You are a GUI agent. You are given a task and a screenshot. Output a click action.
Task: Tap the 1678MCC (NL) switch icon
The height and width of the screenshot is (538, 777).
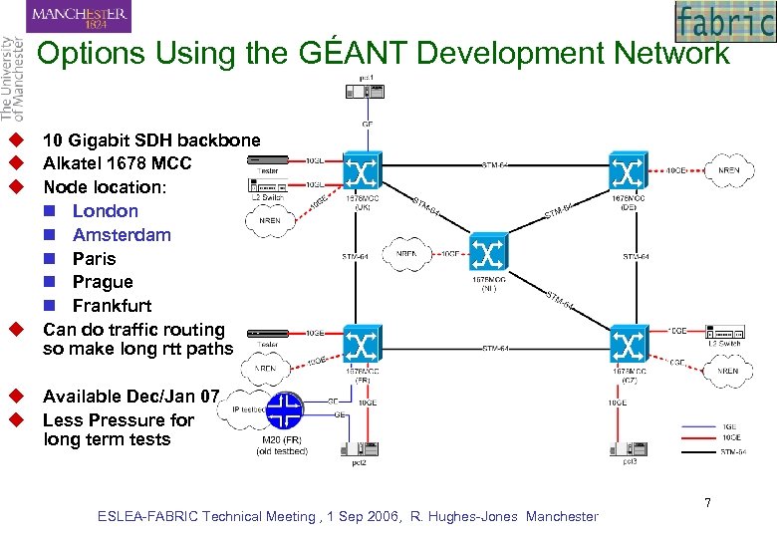(x=488, y=254)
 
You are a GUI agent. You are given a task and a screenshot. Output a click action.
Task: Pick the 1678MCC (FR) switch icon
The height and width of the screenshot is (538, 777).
(x=360, y=346)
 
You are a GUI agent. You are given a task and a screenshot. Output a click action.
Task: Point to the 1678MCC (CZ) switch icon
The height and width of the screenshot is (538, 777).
(x=629, y=346)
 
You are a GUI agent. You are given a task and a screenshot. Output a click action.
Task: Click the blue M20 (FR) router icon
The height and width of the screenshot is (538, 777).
(x=287, y=409)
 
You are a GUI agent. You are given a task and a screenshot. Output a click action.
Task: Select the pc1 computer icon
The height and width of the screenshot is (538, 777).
(x=365, y=92)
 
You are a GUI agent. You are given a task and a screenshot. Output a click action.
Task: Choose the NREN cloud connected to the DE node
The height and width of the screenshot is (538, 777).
(x=730, y=170)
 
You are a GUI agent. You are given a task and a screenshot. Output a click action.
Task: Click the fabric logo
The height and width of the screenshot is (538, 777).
(x=724, y=21)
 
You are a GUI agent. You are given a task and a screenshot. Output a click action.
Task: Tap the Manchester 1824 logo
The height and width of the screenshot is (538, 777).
(x=80, y=16)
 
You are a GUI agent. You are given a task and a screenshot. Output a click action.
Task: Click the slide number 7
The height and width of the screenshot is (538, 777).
(x=707, y=503)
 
